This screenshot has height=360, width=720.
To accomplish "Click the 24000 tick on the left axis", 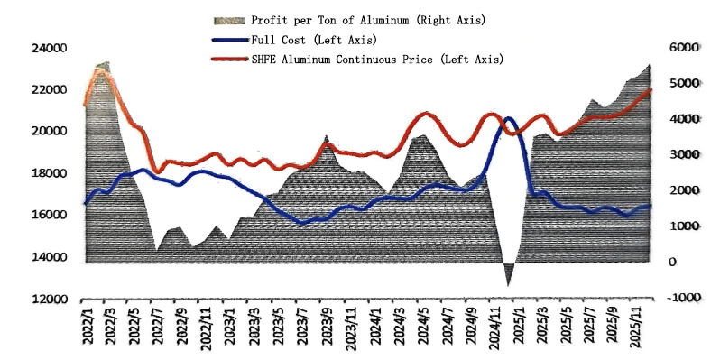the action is click(x=49, y=48).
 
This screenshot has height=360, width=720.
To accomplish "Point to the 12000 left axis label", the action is click(x=49, y=300).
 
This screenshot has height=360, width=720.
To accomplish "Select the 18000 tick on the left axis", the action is click(x=49, y=173).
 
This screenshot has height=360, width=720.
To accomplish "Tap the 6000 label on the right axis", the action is click(x=686, y=47).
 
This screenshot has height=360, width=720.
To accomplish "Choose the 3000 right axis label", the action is click(x=686, y=155).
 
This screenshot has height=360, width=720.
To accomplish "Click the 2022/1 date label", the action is click(x=88, y=324).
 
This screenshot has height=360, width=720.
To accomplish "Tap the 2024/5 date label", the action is click(x=423, y=324).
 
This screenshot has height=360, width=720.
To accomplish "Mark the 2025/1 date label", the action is click(x=520, y=324).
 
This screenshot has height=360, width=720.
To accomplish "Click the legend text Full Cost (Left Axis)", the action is click(x=314, y=40).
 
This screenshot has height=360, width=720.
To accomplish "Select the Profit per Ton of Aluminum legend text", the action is click(x=330, y=20).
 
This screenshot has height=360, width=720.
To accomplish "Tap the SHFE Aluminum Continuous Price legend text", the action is click(x=341, y=60).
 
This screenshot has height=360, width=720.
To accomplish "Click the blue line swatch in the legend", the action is click(x=231, y=40).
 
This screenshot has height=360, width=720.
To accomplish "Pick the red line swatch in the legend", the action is click(x=231, y=60).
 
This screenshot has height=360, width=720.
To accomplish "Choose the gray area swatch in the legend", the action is click(x=231, y=20).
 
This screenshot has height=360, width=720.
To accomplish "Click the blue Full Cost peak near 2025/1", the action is click(x=508, y=118).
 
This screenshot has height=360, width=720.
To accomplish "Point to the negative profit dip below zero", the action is click(x=508, y=274).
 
